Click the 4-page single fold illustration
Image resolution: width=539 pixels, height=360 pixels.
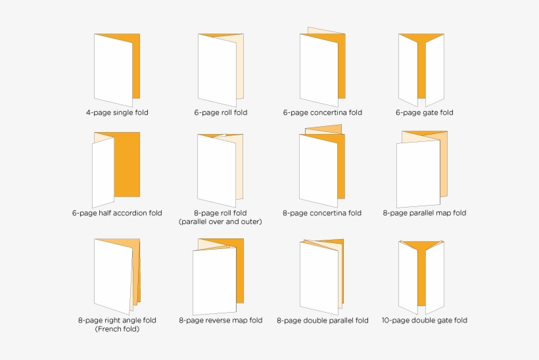pos(116,66)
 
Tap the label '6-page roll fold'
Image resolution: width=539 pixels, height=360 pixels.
pos(221,112)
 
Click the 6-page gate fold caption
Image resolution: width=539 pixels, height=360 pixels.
pos(424,112)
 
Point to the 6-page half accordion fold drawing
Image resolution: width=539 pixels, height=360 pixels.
pos(116,168)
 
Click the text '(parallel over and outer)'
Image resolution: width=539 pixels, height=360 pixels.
pos(220,221)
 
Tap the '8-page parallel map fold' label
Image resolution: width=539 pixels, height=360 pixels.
pos(424,213)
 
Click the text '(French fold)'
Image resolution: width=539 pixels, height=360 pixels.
pos(117,328)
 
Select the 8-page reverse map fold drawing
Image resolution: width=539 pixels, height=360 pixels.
pos(218,276)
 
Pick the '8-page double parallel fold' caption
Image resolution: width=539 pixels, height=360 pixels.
pos(322,321)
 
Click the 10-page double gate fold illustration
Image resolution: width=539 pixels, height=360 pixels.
pos(421,276)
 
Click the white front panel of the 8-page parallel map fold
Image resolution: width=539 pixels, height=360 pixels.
pos(417,174)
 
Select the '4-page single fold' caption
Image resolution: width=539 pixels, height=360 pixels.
pos(117,112)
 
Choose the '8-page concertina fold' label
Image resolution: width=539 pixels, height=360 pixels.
pos(322,213)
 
